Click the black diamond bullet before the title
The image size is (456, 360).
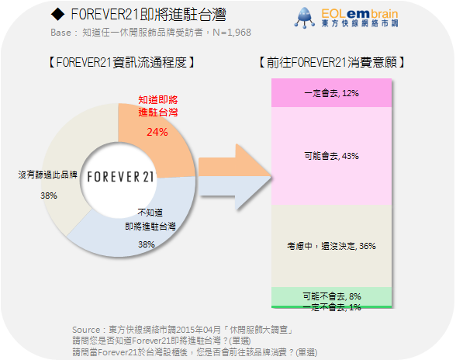coord(57,14)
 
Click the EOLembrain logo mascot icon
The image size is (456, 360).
coord(305,18)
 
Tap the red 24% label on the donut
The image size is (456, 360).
coord(157,132)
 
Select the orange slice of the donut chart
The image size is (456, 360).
coord(163,146)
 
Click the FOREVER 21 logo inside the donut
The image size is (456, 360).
coord(120,177)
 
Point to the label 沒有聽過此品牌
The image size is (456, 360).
coord(48,175)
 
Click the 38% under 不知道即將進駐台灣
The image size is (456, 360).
coord(147,244)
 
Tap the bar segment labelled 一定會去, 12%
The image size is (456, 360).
coord(332,93)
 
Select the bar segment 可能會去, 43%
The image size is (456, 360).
coord(332,156)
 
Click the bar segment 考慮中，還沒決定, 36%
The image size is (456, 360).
coord(332,246)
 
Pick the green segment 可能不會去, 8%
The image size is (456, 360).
coord(332,296)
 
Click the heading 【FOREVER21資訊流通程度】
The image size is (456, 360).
coord(122,62)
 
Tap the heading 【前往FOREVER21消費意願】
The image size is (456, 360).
coord(332,62)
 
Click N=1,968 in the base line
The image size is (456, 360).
coord(232,33)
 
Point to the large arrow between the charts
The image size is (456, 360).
coord(235,177)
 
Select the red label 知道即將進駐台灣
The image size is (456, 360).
coord(158,106)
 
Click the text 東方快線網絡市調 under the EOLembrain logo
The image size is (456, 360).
coord(360,23)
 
